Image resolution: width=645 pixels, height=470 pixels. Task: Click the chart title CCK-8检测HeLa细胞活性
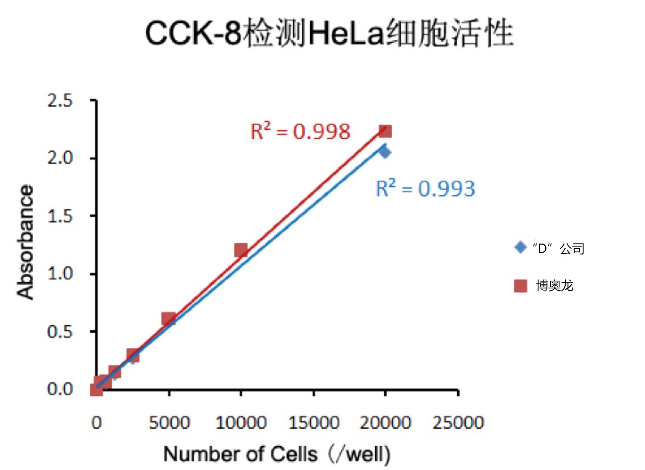click(330, 33)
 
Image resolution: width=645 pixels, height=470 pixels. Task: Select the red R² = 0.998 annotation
click(301, 131)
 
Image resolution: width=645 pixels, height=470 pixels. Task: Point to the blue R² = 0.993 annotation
click(425, 188)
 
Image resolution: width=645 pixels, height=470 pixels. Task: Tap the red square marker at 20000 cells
click(385, 131)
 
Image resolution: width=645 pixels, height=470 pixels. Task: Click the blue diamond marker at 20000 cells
click(385, 152)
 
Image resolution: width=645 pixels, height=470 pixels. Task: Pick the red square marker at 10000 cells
click(241, 250)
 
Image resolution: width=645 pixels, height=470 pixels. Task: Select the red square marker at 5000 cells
click(168, 319)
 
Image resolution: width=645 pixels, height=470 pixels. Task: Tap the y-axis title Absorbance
click(25, 243)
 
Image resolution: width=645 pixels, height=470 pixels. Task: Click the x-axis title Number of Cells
click(277, 454)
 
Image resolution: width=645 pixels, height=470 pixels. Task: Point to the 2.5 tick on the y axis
click(60, 101)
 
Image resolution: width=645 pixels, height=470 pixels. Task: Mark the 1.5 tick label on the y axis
click(60, 216)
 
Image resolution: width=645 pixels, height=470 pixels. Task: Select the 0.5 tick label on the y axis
click(60, 332)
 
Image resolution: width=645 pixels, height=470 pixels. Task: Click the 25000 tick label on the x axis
click(458, 422)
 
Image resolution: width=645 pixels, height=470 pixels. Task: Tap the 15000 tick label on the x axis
click(314, 422)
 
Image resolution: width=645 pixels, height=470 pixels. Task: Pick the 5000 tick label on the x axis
click(169, 422)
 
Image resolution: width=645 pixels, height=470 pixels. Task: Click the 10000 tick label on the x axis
click(241, 422)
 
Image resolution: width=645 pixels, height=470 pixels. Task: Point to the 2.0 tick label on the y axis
click(60, 158)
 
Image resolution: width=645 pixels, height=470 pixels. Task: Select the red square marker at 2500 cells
click(133, 355)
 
